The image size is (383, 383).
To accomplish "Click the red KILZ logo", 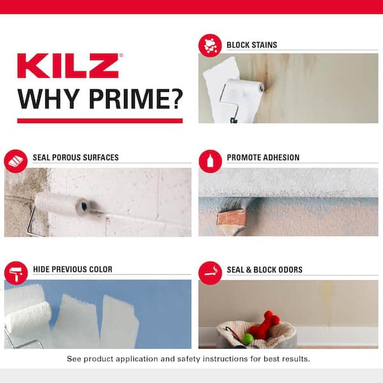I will [x=68, y=66].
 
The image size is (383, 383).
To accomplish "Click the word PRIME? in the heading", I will [x=136, y=98].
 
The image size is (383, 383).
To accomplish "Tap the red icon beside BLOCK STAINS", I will [x=209, y=45].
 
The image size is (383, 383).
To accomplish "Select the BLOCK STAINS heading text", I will [x=252, y=45].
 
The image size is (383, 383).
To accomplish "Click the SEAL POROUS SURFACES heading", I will [x=75, y=158].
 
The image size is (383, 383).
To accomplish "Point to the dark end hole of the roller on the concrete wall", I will [x=83, y=206].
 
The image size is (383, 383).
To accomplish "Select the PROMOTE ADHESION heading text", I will [x=263, y=158].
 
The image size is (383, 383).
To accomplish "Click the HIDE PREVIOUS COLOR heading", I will [x=72, y=269].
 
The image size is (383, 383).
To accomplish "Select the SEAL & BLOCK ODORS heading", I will [x=264, y=269].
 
